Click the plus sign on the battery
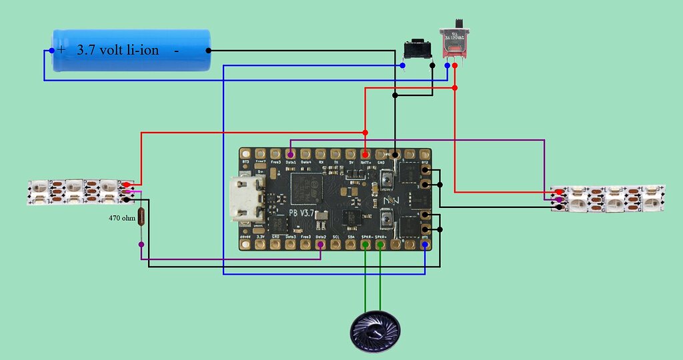point(62,50)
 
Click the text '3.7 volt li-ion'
point(118,49)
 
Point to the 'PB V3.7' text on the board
point(303,213)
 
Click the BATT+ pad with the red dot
point(366,154)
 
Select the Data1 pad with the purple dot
point(291,154)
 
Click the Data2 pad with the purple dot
point(321,245)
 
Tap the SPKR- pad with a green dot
point(366,245)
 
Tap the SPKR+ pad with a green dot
point(380,245)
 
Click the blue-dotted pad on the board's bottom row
point(426,245)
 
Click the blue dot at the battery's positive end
point(52,51)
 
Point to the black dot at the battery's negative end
point(209,50)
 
